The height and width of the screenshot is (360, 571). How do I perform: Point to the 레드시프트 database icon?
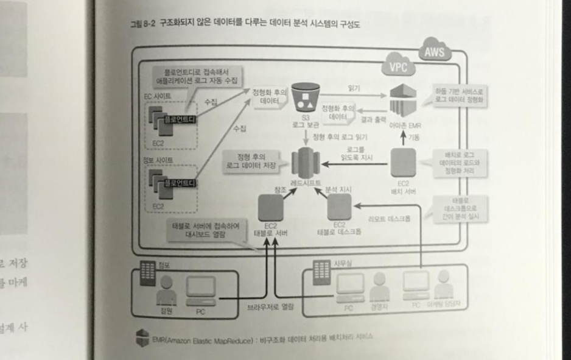306,161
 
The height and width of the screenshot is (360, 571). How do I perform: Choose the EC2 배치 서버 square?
402,162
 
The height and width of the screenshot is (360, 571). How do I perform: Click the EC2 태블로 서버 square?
271,208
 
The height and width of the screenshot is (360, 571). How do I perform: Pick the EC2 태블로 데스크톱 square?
339,207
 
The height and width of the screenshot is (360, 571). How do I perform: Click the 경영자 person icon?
379,284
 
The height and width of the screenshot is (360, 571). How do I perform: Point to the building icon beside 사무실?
322,272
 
